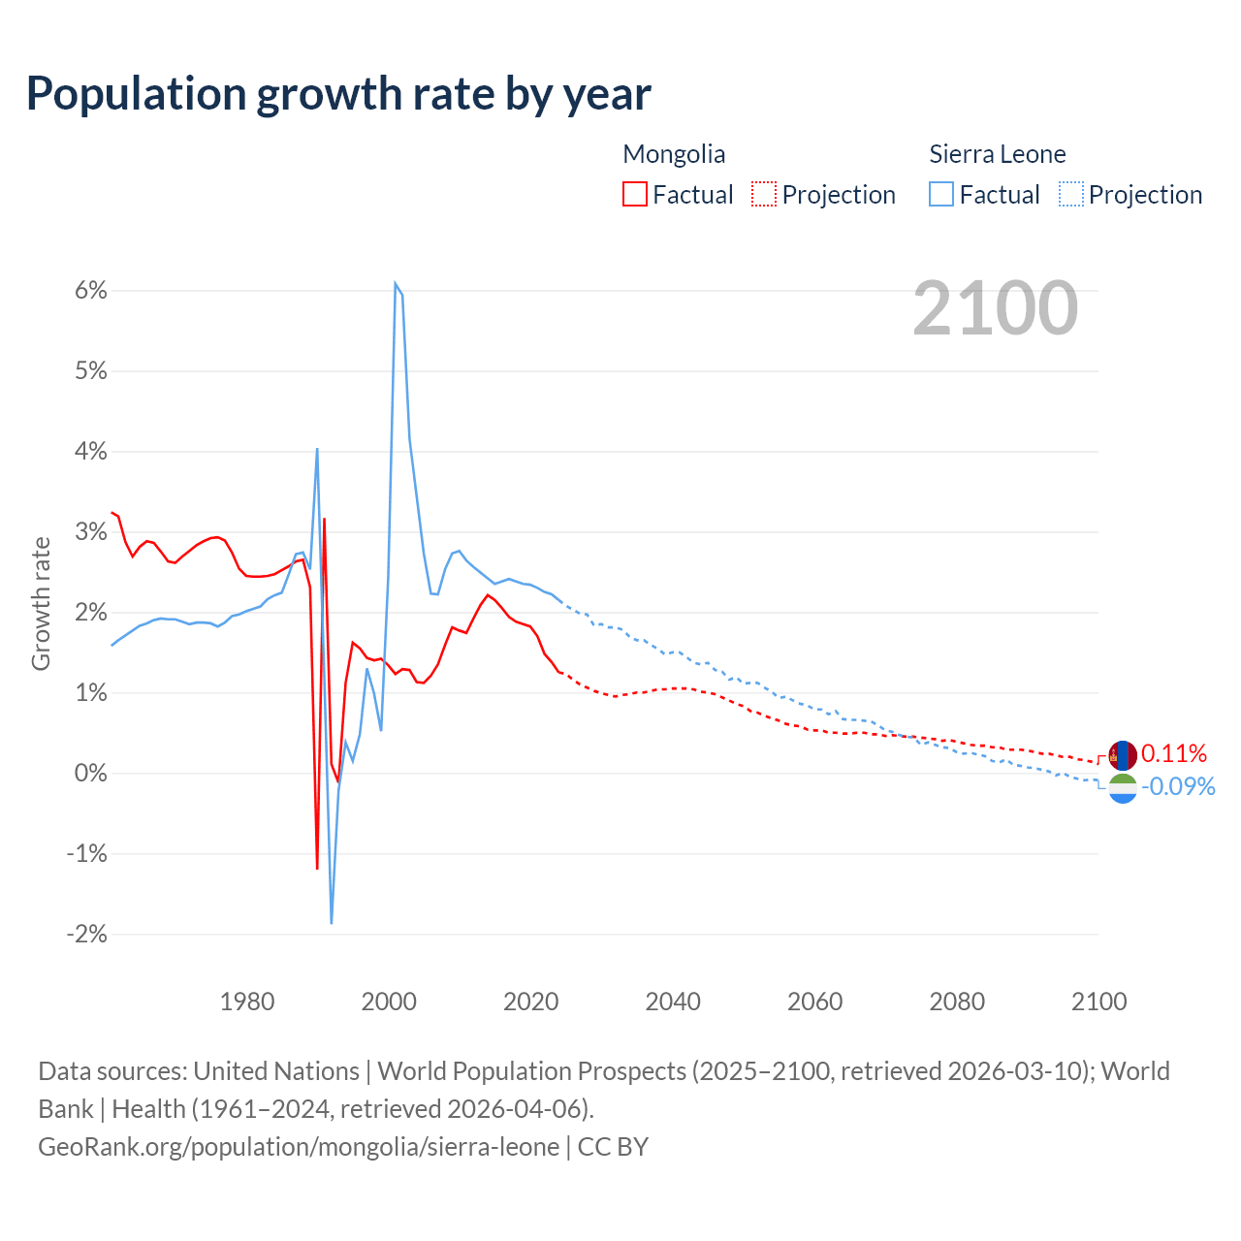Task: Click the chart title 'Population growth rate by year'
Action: [338, 94]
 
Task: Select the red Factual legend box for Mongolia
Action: [635, 194]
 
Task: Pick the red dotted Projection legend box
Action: [764, 194]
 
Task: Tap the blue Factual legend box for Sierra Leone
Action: [941, 194]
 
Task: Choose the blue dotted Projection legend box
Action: [1070, 194]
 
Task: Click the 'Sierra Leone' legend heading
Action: [997, 154]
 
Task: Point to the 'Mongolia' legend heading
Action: [674, 154]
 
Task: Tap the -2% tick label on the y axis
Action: [86, 935]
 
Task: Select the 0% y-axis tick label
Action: [91, 774]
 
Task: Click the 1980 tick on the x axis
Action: [247, 1002]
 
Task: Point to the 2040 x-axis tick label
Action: [673, 1002]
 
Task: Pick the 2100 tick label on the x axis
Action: [1098, 1002]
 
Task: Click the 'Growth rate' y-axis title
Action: [41, 603]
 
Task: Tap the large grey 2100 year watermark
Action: [995, 308]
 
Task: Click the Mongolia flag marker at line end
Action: [1123, 755]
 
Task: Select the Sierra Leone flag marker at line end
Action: [1123, 788]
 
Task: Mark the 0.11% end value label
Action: [1174, 754]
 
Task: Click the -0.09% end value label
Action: [1178, 786]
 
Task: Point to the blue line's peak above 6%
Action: [396, 283]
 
